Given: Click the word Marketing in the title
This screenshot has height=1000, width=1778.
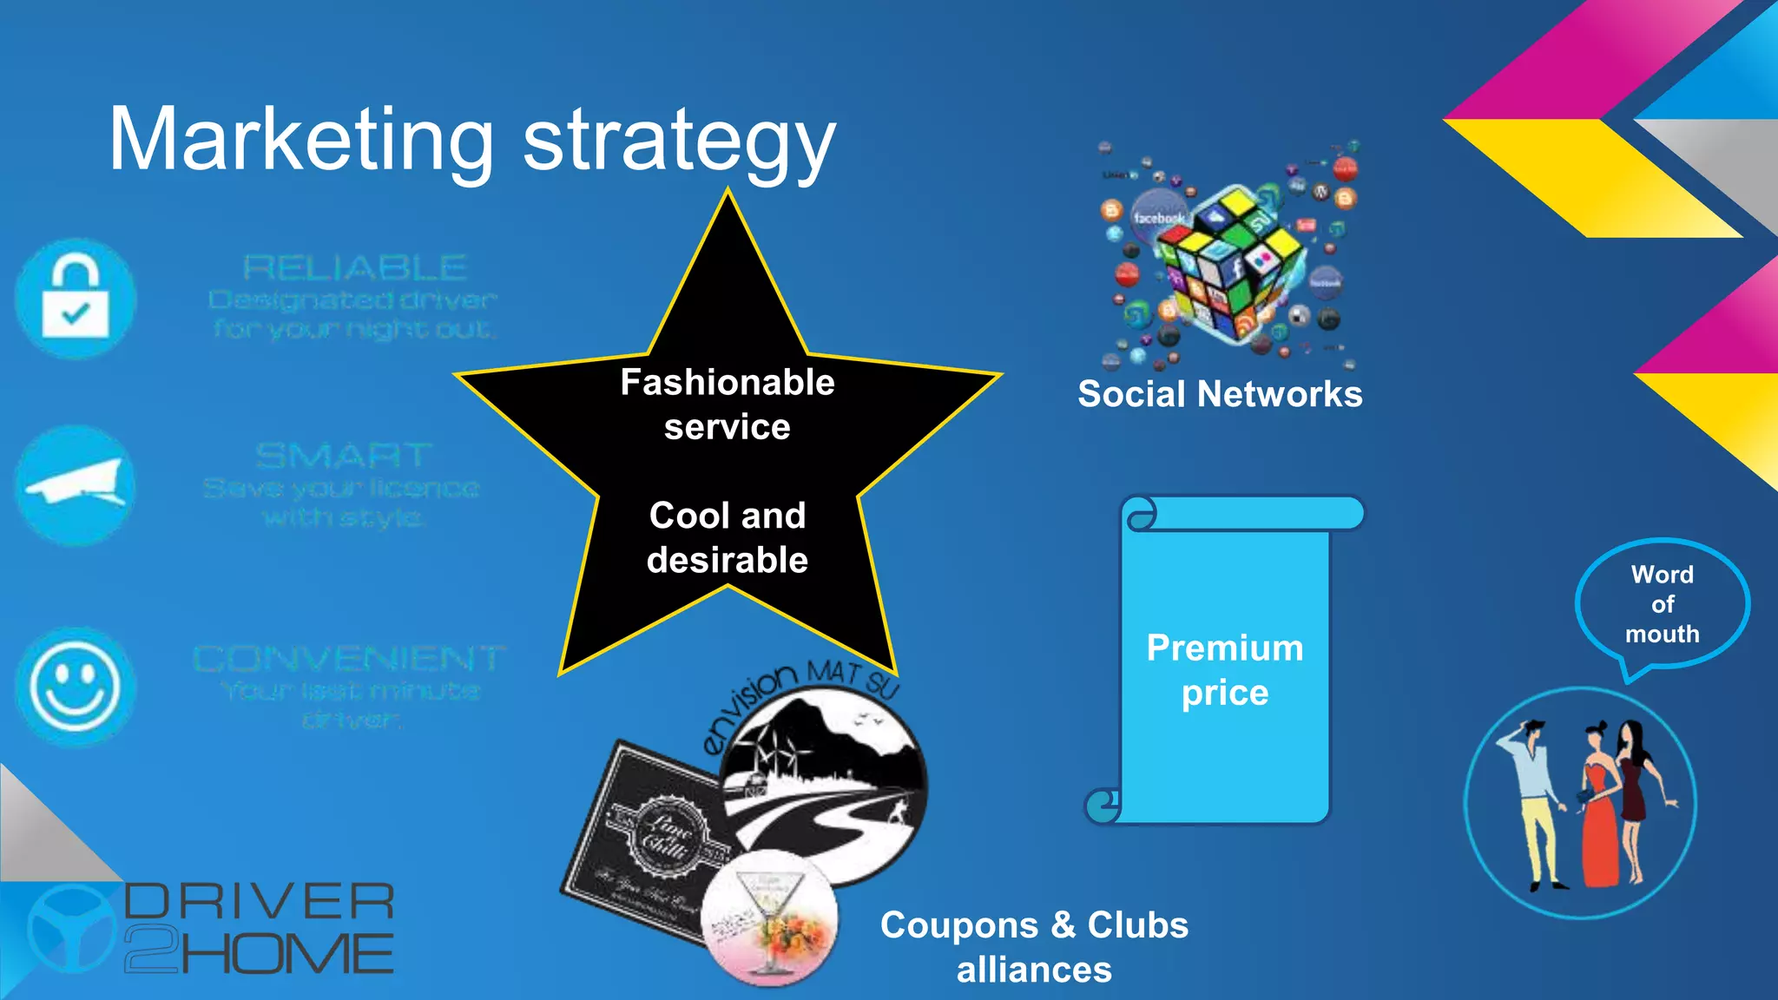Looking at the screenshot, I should pyautogui.click(x=300, y=141).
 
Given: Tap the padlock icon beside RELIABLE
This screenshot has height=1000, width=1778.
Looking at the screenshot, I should pyautogui.click(x=76, y=299).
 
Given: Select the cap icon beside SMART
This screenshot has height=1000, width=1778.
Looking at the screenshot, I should pyautogui.click(x=76, y=485).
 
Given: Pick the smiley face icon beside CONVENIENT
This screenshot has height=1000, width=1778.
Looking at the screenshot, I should pyautogui.click(x=76, y=686).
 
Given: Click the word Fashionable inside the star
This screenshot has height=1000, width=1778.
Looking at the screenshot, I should pyautogui.click(x=728, y=383).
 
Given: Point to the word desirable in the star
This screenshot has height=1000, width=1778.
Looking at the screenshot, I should pyautogui.click(x=728, y=561).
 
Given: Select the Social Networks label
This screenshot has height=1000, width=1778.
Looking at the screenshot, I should pyautogui.click(x=1220, y=394).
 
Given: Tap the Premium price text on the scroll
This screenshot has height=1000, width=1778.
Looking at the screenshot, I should pyautogui.click(x=1225, y=670).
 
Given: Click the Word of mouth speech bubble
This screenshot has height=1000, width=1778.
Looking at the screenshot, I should pyautogui.click(x=1662, y=604).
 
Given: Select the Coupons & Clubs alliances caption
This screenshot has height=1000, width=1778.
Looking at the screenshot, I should pyautogui.click(x=1034, y=947).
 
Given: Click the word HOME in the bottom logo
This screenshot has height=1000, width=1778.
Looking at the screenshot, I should pyautogui.click(x=286, y=954).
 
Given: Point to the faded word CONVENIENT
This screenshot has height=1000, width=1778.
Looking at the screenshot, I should pyautogui.click(x=349, y=659).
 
